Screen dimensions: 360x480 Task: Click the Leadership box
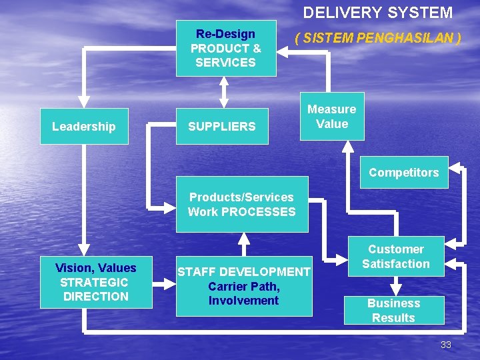84,127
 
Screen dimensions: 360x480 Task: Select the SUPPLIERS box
222,127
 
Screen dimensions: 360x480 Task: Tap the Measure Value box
332,117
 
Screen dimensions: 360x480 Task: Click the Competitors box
404,173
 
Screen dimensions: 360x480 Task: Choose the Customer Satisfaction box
396,257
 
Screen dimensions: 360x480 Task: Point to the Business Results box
393,311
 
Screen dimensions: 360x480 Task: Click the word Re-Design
225,34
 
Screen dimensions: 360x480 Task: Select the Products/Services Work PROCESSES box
241,205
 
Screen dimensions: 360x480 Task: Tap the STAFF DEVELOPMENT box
243,286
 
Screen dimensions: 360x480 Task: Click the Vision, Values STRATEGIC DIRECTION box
96,282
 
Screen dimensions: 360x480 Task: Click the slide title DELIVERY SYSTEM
377,13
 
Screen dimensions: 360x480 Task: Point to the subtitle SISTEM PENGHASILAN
378,38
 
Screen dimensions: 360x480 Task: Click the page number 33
446,345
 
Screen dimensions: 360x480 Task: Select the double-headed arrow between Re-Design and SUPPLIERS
224,93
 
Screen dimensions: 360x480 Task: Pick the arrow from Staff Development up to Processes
244,243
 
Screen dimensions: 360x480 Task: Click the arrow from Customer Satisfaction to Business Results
396,287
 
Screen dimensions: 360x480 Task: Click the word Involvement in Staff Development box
243,301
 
